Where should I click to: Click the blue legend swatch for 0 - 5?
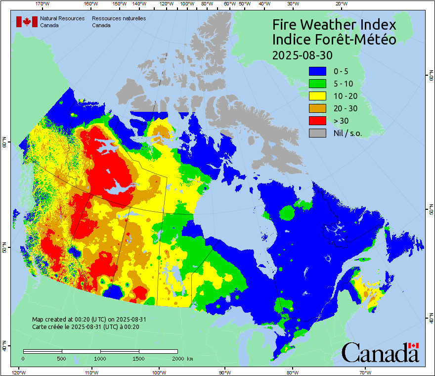pos(317,71)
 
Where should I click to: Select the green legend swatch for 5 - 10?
pos(317,84)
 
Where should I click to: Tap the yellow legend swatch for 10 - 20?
pos(317,96)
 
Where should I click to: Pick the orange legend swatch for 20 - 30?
pos(317,108)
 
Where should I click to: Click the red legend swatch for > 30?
pos(317,121)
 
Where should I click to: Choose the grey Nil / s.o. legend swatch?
pos(317,133)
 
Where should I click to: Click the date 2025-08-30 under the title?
pos(302,54)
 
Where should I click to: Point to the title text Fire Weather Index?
pos(334,25)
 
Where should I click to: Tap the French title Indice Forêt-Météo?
pos(334,40)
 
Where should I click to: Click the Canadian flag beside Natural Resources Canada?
pos(27,22)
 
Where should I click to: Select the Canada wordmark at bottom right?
pos(380,353)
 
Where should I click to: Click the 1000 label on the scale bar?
pos(100,358)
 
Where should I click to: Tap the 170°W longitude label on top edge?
pos(43,4)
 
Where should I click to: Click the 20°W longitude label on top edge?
pos(340,4)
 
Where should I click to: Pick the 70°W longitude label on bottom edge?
pos(365,372)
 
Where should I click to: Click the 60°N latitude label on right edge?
pos(431,76)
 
